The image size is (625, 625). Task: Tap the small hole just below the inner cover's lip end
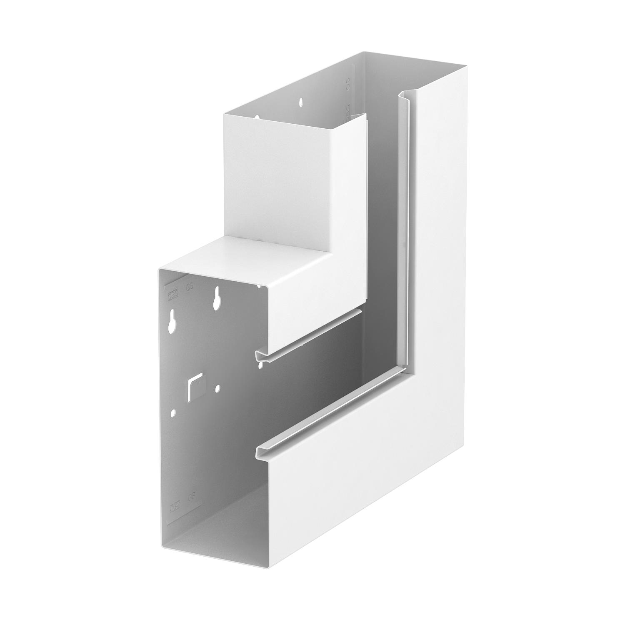[x=260, y=365]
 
